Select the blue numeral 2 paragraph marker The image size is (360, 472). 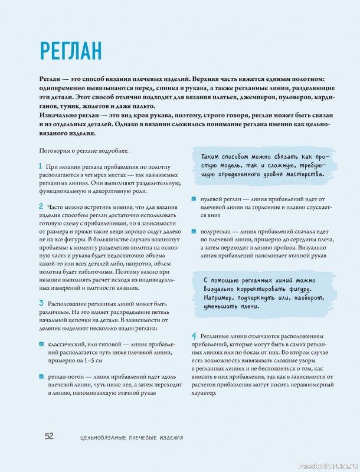coord(40,206)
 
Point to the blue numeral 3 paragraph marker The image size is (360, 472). coord(40,301)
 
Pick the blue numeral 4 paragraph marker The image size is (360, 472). coord(194,336)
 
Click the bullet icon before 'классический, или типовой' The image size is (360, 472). coord(41,343)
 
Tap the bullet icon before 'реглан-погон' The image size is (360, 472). coord(41,376)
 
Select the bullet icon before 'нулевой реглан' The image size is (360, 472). coord(194,199)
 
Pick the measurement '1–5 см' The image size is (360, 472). coord(91,359)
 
